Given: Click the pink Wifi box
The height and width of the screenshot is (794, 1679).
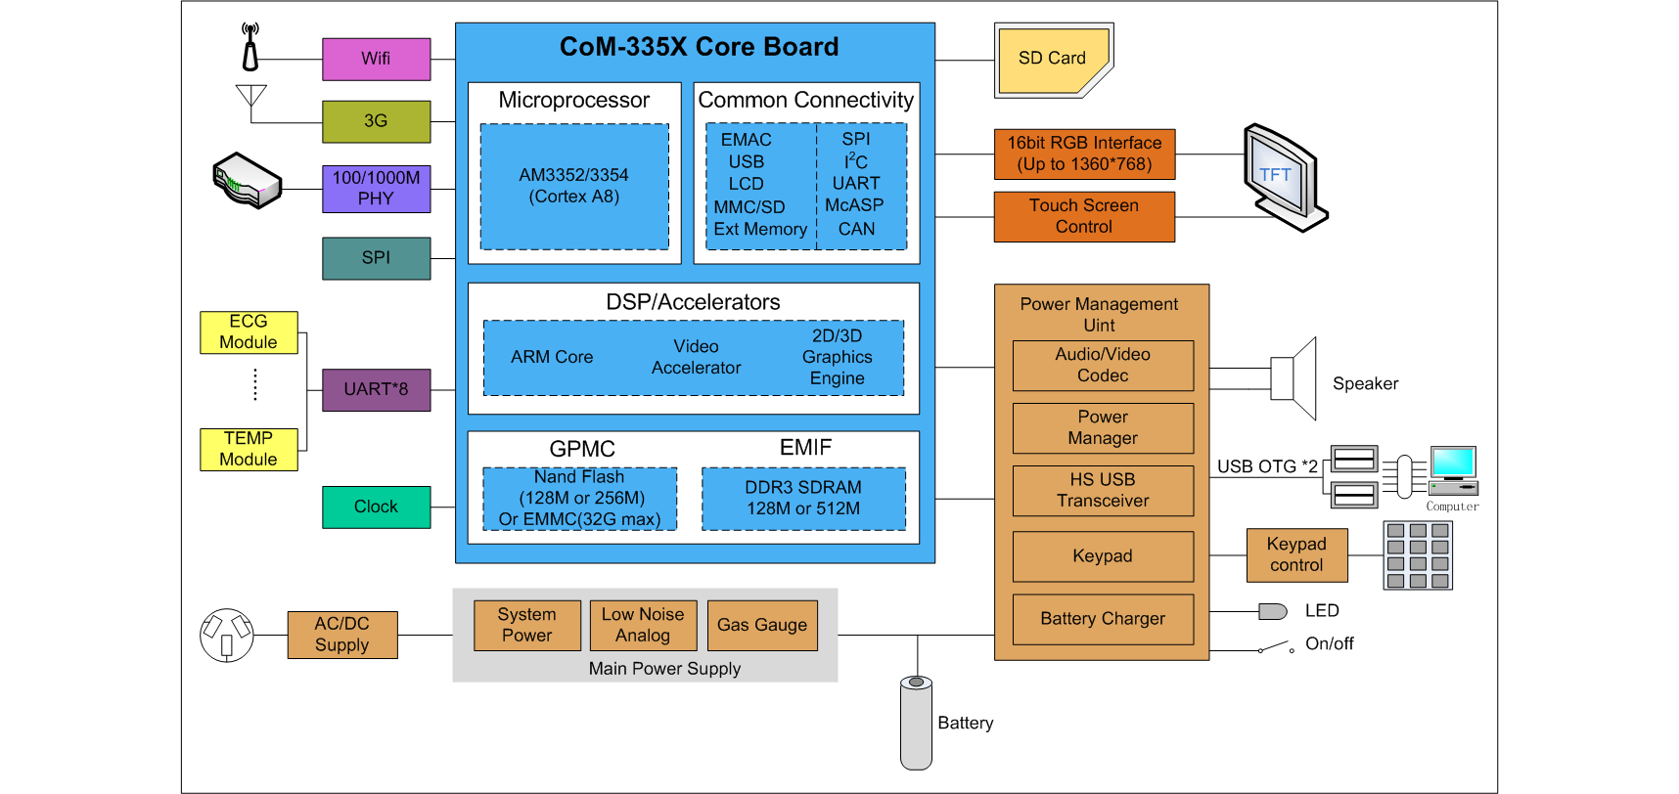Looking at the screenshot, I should click(x=376, y=59).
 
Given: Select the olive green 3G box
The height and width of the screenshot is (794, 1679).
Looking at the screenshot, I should click(x=376, y=121).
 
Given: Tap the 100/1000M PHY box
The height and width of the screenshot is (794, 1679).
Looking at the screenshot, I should click(x=376, y=189).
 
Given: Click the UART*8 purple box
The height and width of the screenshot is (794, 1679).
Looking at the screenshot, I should click(x=376, y=389).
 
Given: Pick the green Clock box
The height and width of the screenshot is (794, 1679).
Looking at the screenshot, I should click(x=376, y=507).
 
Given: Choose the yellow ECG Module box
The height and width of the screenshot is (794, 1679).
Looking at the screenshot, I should click(x=249, y=332).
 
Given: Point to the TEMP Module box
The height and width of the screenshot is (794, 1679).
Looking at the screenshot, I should click(x=249, y=449).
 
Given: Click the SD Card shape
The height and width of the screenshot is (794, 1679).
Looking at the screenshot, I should click(x=1053, y=59).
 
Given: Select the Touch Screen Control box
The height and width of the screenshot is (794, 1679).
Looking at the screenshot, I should click(x=1084, y=216).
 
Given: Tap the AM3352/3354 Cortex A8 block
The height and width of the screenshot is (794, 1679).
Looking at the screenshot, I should click(x=574, y=186).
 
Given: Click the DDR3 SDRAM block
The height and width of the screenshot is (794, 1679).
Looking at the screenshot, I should click(x=803, y=498).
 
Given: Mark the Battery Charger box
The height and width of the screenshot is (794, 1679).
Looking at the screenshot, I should click(x=1103, y=619).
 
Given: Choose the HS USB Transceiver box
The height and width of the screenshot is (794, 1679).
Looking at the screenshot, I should click(x=1103, y=490).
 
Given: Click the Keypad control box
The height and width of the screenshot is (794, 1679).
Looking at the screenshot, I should click(x=1296, y=554).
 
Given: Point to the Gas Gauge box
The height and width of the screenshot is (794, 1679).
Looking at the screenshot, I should click(x=762, y=625).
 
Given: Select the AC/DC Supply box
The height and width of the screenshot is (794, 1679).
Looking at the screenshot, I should click(x=342, y=635).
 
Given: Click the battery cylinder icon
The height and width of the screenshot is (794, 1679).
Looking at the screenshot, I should click(x=916, y=723).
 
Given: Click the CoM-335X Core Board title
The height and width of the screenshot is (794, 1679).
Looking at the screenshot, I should click(x=699, y=47).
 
